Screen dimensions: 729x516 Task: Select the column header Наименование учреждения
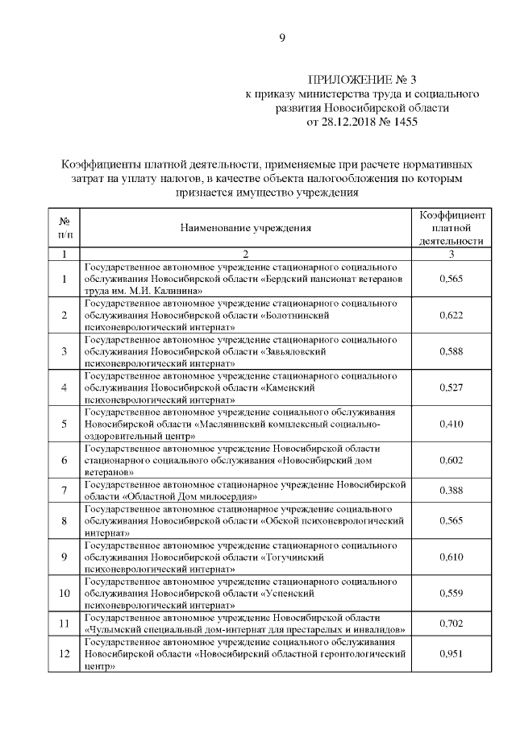pyautogui.click(x=245, y=228)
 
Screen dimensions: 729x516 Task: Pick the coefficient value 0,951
pyautogui.click(x=451, y=653)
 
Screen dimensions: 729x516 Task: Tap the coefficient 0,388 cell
pyautogui.click(x=451, y=490)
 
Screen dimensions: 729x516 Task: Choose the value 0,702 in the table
pyautogui.click(x=451, y=623)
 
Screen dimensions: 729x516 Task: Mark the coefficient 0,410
pyautogui.click(x=451, y=423)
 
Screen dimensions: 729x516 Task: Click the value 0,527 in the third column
pyautogui.click(x=451, y=387)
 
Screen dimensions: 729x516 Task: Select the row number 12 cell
pyautogui.click(x=64, y=653)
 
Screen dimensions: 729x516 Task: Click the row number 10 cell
pyautogui.click(x=64, y=594)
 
